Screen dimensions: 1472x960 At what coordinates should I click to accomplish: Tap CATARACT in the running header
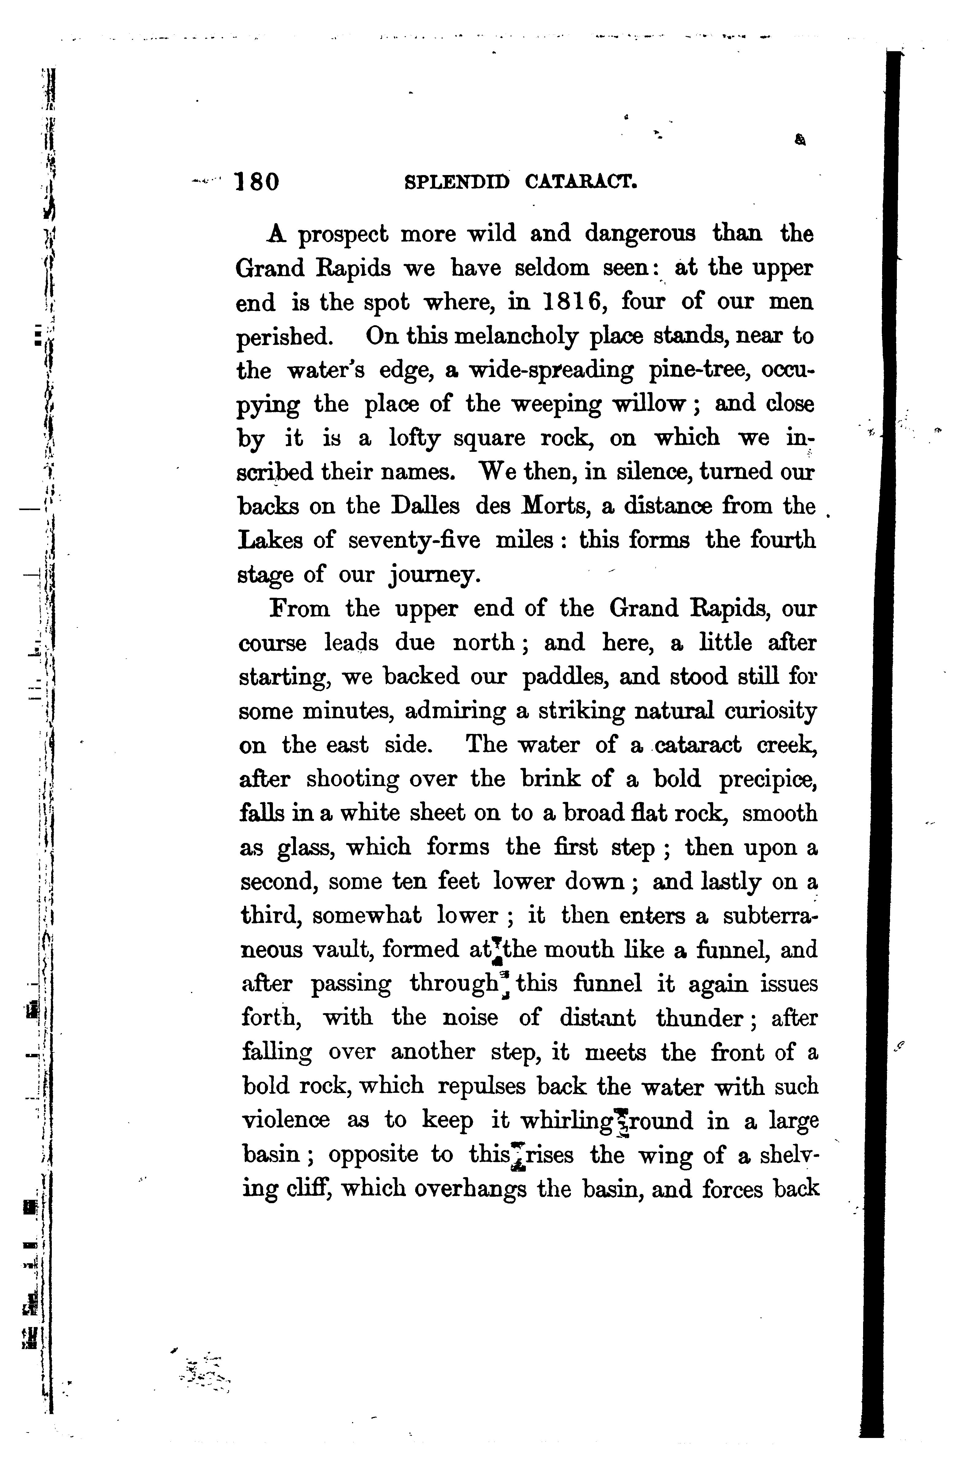pos(581,182)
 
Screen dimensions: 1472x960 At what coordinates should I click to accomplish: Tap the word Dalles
pos(426,506)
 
